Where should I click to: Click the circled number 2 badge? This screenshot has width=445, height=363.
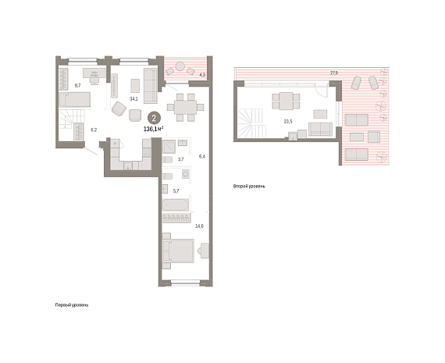click(x=154, y=119)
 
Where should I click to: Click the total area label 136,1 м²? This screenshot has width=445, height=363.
click(x=153, y=129)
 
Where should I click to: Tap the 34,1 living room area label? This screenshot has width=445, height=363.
click(x=133, y=99)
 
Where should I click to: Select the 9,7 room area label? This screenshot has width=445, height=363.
click(x=77, y=85)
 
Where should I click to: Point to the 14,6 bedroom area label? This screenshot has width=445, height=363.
click(x=199, y=226)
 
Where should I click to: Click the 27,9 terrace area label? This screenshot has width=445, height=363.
click(x=334, y=73)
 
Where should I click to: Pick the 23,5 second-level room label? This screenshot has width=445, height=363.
click(x=288, y=122)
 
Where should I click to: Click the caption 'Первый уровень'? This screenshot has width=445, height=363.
click(x=72, y=305)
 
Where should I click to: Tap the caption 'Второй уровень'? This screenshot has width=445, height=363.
click(x=249, y=187)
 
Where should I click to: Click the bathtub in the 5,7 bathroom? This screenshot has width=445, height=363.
click(x=175, y=205)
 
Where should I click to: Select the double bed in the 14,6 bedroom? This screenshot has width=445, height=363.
click(x=180, y=251)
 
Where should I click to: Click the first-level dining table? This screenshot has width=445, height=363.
click(x=185, y=107)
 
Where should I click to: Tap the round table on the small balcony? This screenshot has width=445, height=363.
click(x=180, y=66)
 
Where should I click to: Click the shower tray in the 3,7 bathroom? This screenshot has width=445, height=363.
click(x=169, y=147)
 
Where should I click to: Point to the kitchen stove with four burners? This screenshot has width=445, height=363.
click(x=147, y=152)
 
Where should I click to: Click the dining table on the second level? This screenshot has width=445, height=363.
click(x=286, y=101)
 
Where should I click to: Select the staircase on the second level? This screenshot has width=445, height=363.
click(x=251, y=123)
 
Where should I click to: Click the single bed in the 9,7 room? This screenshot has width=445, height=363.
click(x=75, y=100)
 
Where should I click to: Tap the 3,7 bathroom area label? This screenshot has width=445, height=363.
click(x=180, y=159)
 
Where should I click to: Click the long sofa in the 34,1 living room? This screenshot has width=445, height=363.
click(x=150, y=86)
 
